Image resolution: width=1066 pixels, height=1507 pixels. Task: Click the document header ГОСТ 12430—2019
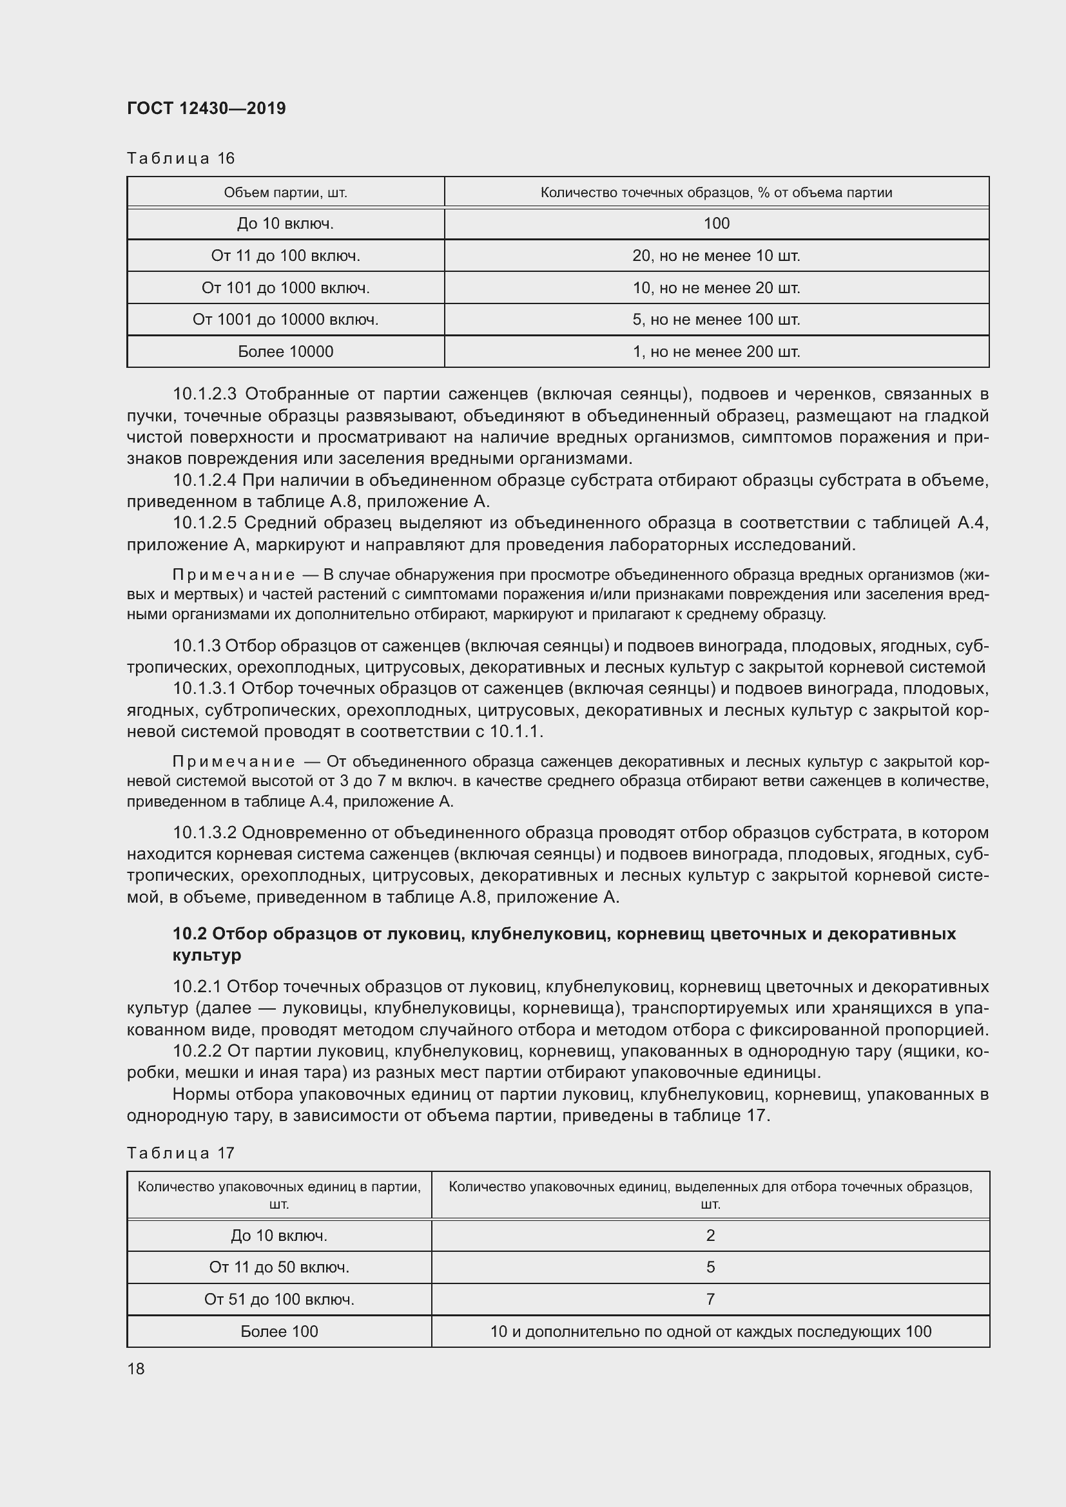tap(206, 108)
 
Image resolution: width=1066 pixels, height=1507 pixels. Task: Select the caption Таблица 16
tap(180, 158)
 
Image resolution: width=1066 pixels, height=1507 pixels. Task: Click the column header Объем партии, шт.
tap(286, 192)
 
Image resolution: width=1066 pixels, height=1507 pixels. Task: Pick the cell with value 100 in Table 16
tap(716, 224)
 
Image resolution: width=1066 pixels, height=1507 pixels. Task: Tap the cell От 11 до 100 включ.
tap(286, 256)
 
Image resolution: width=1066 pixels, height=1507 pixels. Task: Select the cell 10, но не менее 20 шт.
tap(716, 287)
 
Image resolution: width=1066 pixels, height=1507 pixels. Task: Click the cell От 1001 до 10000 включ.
tap(286, 320)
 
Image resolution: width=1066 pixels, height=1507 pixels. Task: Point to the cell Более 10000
tap(286, 352)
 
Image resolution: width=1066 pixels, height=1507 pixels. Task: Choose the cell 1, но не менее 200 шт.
tap(716, 352)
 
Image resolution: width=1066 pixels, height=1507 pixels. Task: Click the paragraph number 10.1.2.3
tap(204, 394)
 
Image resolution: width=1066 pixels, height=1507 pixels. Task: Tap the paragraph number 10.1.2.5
tap(204, 523)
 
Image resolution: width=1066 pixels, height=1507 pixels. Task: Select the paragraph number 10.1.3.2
tap(204, 833)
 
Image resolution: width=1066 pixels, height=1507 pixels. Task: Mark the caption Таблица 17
tap(180, 1153)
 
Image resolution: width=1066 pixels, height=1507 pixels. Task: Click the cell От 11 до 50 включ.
tap(279, 1267)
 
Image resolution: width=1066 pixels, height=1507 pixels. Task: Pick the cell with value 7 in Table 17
tap(710, 1300)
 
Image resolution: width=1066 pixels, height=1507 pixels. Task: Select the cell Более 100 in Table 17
tap(279, 1332)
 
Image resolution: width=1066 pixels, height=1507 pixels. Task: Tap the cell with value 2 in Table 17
tap(710, 1236)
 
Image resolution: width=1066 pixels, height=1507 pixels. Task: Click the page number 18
tap(136, 1369)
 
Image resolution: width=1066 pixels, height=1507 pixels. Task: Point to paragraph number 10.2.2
tap(198, 1051)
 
